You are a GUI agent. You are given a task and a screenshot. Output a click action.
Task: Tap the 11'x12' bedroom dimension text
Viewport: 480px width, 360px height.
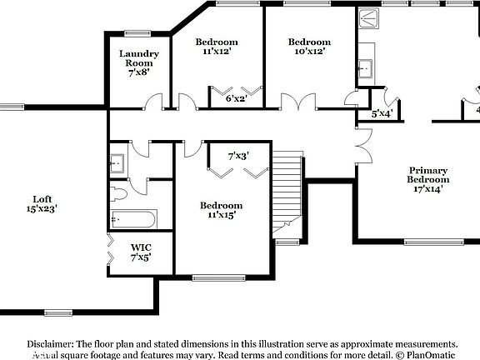click(x=216, y=52)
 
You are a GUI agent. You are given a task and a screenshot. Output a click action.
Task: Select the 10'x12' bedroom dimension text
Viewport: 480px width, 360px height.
click(x=309, y=52)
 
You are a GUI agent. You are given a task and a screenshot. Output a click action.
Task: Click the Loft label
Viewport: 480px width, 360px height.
click(x=42, y=199)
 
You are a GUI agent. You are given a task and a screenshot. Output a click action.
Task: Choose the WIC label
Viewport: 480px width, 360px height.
click(x=140, y=247)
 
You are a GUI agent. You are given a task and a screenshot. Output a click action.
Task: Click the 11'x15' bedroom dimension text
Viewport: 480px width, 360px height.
click(x=221, y=215)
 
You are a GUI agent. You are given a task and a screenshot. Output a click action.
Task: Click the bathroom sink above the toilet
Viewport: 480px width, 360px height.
click(x=117, y=162)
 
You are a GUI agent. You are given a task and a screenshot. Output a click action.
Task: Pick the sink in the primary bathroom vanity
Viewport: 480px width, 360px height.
click(x=366, y=66)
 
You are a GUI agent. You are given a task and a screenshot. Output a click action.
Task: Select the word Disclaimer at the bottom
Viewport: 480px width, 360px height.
click(x=50, y=343)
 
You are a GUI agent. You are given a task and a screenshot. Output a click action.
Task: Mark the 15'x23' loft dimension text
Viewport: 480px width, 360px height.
click(x=42, y=209)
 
